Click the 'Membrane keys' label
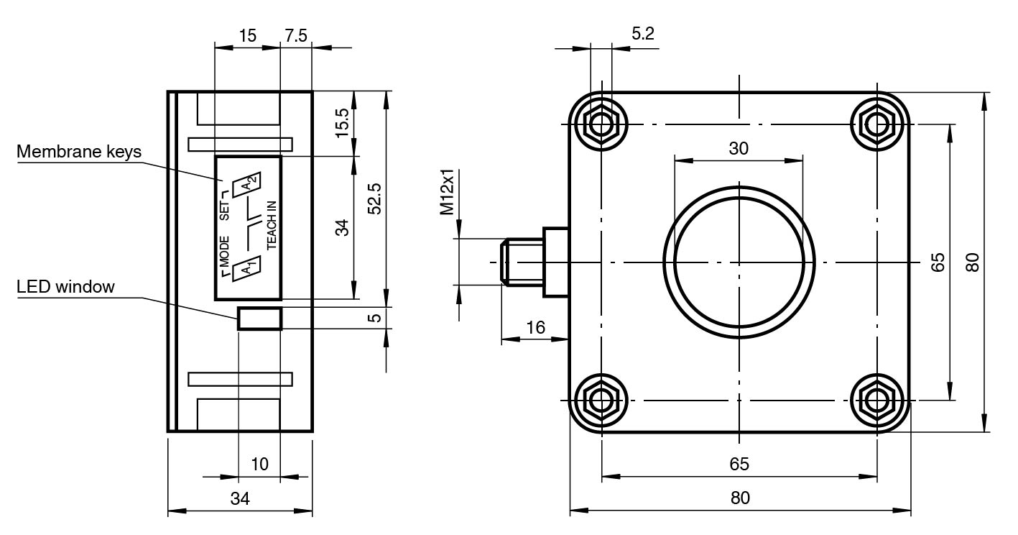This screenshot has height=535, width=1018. [79, 152]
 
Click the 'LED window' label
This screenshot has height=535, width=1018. [65, 287]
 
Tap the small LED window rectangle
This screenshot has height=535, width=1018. [259, 318]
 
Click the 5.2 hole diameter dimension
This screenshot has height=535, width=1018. [644, 34]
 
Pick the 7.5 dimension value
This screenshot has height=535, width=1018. [296, 36]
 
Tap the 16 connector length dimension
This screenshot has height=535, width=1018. [535, 328]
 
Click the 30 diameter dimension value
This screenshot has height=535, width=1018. [739, 148]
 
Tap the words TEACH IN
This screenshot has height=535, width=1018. [272, 225]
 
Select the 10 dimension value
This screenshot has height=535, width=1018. [259, 464]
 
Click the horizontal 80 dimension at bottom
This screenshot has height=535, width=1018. [740, 498]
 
